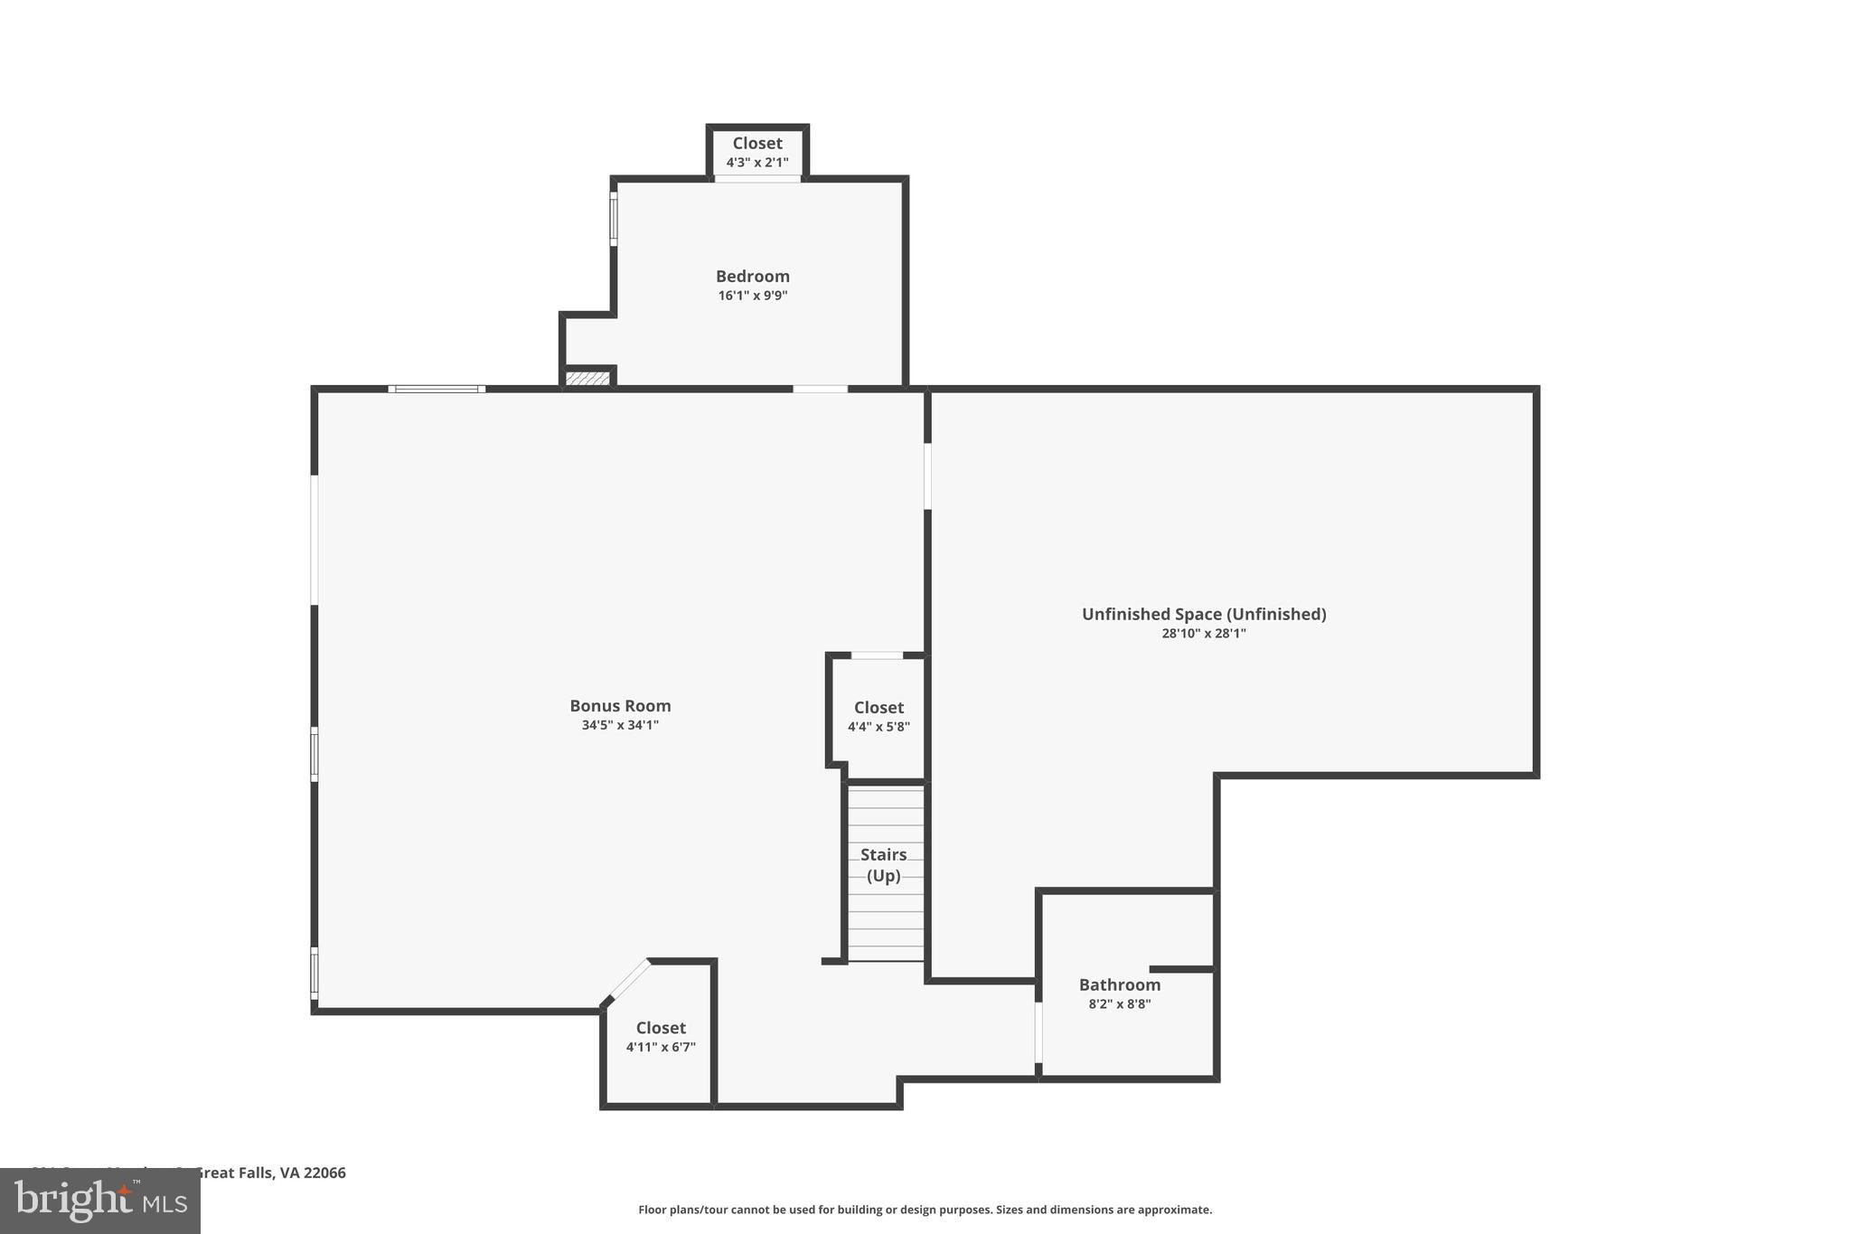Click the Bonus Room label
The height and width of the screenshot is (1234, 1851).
click(620, 706)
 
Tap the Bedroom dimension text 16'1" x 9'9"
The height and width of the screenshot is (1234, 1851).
click(753, 296)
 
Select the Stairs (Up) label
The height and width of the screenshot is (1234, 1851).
click(883, 865)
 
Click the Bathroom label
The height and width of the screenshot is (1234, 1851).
click(1119, 984)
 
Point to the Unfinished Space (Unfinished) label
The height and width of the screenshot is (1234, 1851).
click(1204, 614)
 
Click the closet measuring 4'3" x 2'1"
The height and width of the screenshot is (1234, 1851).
click(757, 152)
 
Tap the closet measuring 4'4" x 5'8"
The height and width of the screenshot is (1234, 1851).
click(879, 716)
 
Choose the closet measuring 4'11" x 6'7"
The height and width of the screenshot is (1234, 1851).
click(661, 1037)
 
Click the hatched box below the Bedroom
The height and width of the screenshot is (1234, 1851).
click(587, 378)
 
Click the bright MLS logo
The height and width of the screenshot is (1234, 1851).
click(100, 1201)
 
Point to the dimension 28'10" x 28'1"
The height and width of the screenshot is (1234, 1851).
click(1204, 634)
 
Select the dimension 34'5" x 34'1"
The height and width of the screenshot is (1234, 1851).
click(620, 725)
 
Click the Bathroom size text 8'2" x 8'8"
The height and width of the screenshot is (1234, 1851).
click(1119, 1003)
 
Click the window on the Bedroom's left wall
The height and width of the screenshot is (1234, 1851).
click(614, 218)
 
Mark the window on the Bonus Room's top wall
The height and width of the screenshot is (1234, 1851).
click(437, 390)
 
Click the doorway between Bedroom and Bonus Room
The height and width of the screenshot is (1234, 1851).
click(820, 390)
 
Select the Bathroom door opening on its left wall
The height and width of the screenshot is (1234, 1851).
click(1038, 1031)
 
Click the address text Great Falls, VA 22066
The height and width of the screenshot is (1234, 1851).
click(270, 1173)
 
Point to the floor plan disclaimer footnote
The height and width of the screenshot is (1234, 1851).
click(925, 1210)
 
